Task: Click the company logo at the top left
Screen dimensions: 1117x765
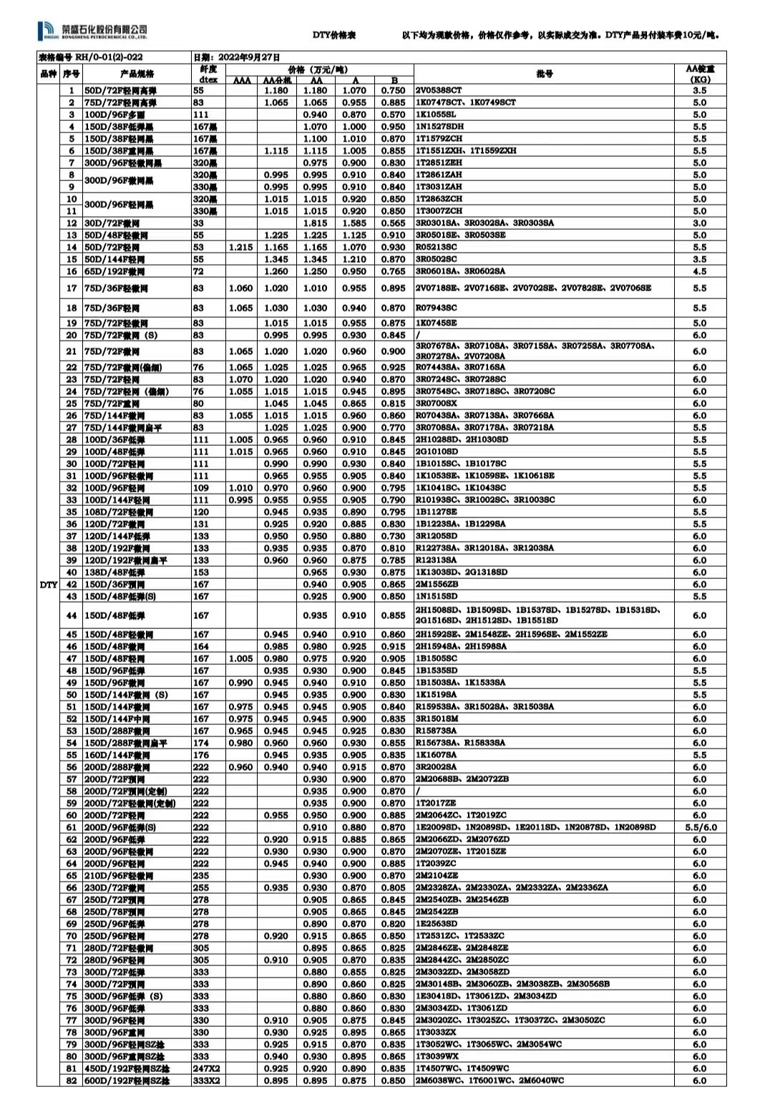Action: tap(92, 29)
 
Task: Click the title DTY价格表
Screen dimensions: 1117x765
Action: tap(334, 35)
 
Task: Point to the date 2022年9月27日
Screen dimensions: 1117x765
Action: tap(237, 57)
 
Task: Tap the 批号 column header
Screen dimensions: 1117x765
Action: tap(545, 74)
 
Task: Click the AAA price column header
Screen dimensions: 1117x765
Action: tap(242, 80)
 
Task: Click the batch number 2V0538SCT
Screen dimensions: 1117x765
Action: tap(439, 90)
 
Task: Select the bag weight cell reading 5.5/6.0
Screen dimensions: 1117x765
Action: tap(699, 827)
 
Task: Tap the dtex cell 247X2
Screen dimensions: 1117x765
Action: tap(206, 1068)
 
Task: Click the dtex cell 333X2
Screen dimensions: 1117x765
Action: tap(206, 1081)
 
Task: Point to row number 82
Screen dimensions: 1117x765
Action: tap(72, 1081)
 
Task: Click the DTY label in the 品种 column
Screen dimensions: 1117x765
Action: tap(48, 585)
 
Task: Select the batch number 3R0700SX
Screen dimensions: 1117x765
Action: tap(437, 404)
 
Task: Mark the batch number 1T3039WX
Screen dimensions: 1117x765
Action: tap(437, 1056)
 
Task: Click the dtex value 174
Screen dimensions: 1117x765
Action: tap(200, 743)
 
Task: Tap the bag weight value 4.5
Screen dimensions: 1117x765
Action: tap(699, 271)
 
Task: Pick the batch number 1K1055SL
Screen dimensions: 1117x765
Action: tap(436, 114)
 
